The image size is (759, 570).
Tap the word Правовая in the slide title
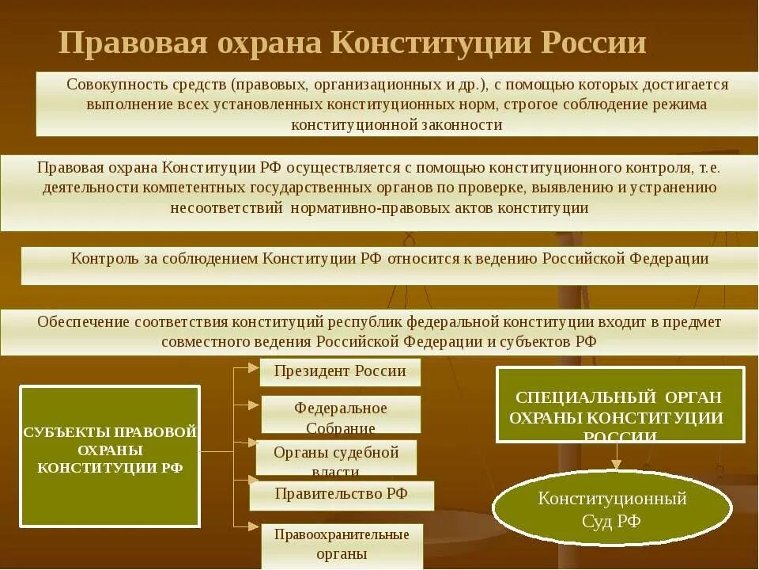click(x=123, y=43)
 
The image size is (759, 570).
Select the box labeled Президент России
click(x=340, y=371)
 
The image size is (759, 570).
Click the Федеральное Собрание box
click(x=341, y=415)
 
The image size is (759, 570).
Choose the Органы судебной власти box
click(x=336, y=458)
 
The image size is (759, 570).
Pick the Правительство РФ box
click(x=342, y=495)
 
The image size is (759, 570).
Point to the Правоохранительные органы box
click(x=342, y=545)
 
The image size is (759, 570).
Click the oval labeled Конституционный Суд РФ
click(x=612, y=508)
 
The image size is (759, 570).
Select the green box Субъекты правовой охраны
click(x=110, y=456)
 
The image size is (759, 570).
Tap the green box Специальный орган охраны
click(x=620, y=405)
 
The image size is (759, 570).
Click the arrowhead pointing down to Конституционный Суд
click(x=616, y=465)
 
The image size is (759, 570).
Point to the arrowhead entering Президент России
click(x=254, y=367)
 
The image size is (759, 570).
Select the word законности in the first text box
click(x=463, y=125)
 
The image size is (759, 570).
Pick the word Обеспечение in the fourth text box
click(x=83, y=321)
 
